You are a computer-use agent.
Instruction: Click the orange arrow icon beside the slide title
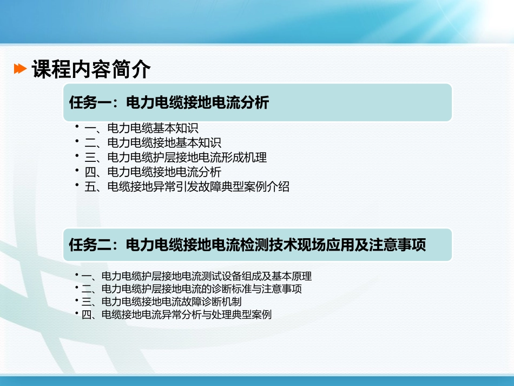(20, 69)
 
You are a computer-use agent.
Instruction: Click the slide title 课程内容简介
(91, 69)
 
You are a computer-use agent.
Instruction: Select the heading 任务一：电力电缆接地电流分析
(169, 102)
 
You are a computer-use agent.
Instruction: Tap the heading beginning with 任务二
(247, 245)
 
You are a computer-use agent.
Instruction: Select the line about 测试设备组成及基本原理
(196, 276)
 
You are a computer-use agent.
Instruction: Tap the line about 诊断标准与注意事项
(192, 289)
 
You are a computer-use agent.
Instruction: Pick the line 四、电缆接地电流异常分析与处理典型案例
(176, 315)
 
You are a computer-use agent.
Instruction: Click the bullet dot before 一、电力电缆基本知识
(78, 126)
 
